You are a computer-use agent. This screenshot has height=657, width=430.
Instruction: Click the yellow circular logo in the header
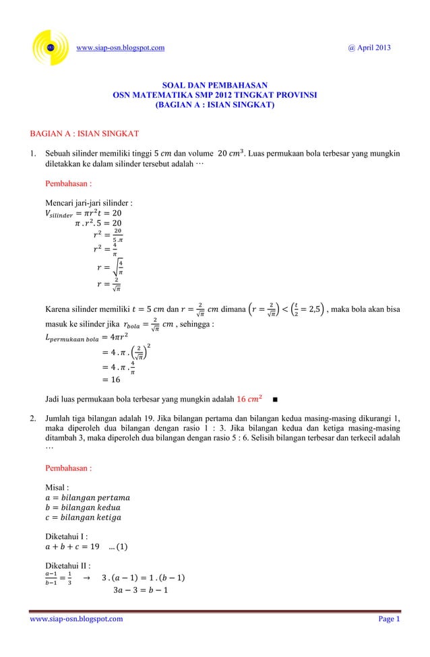[x=51, y=48]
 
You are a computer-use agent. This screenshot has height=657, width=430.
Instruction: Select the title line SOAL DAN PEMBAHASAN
[x=215, y=86]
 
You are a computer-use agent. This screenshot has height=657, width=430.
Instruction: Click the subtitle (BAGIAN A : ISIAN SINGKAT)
[x=215, y=106]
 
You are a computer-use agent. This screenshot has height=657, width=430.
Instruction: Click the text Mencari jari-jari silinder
[x=88, y=203]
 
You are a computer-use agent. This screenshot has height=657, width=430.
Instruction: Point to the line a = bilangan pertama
[x=87, y=498]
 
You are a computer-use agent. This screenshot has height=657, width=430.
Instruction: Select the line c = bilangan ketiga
[x=85, y=517]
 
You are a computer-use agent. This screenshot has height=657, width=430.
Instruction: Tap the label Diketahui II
[x=67, y=565]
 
